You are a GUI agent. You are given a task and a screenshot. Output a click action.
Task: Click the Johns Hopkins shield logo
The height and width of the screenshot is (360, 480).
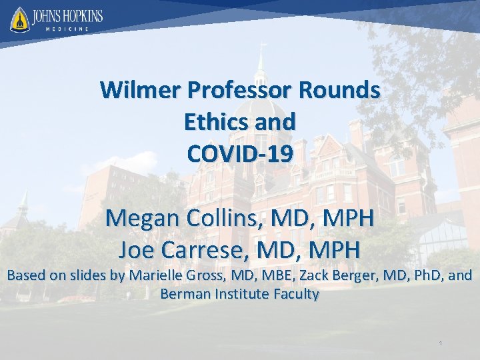tap(19, 19)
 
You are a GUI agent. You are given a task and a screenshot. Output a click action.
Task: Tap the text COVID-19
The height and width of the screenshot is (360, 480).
tap(240, 154)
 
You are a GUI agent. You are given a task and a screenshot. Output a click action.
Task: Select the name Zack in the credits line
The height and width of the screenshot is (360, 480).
tap(309, 275)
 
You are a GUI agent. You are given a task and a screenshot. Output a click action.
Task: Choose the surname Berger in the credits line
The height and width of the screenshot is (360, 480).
tap(349, 275)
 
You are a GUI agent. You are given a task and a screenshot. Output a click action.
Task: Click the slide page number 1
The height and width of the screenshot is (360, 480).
tap(441, 343)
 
